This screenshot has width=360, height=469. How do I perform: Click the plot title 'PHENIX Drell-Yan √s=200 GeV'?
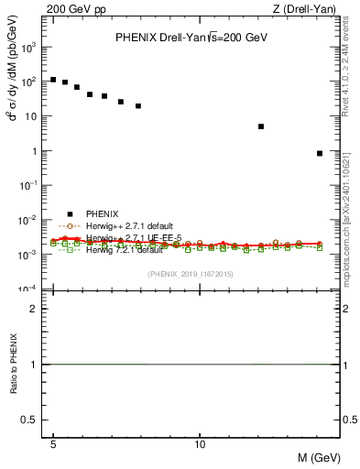tap(191, 38)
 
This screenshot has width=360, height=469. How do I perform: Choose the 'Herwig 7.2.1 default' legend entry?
tap(124, 250)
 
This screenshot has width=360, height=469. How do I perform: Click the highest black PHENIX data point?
tap(53, 80)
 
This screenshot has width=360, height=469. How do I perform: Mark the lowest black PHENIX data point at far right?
tap(319, 153)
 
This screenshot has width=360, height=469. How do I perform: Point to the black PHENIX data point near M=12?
tap(261, 126)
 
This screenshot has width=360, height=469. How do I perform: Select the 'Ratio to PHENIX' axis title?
tap(14, 364)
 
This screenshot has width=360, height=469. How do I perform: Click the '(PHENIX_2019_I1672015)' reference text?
tap(190, 275)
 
